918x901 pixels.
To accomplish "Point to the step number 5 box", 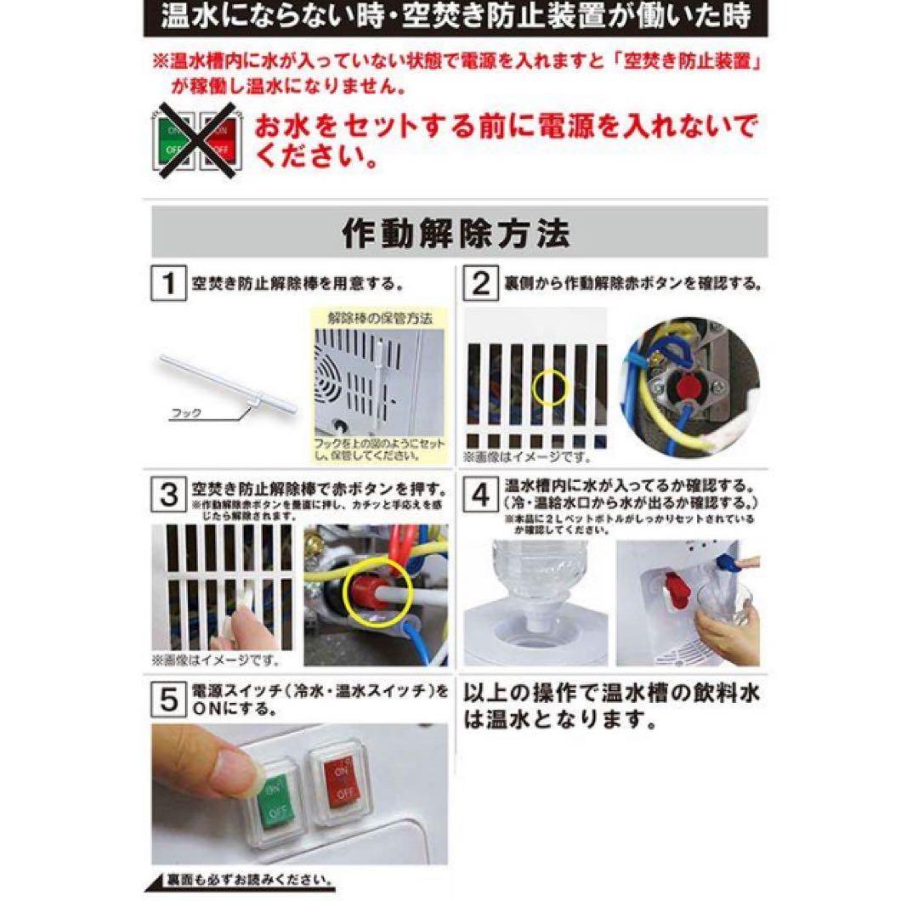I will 169,700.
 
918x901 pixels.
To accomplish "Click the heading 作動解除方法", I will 459,231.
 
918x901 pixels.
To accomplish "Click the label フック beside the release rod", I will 186,413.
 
